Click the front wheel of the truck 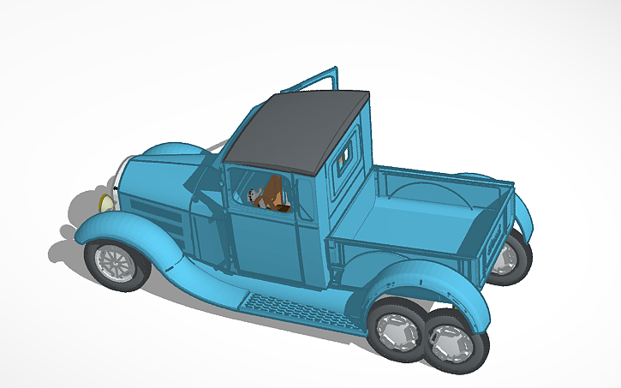tap(114, 264)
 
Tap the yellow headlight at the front tap(105, 203)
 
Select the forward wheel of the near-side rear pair tap(397, 327)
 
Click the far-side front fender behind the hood tap(176, 154)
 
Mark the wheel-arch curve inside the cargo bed tap(437, 194)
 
